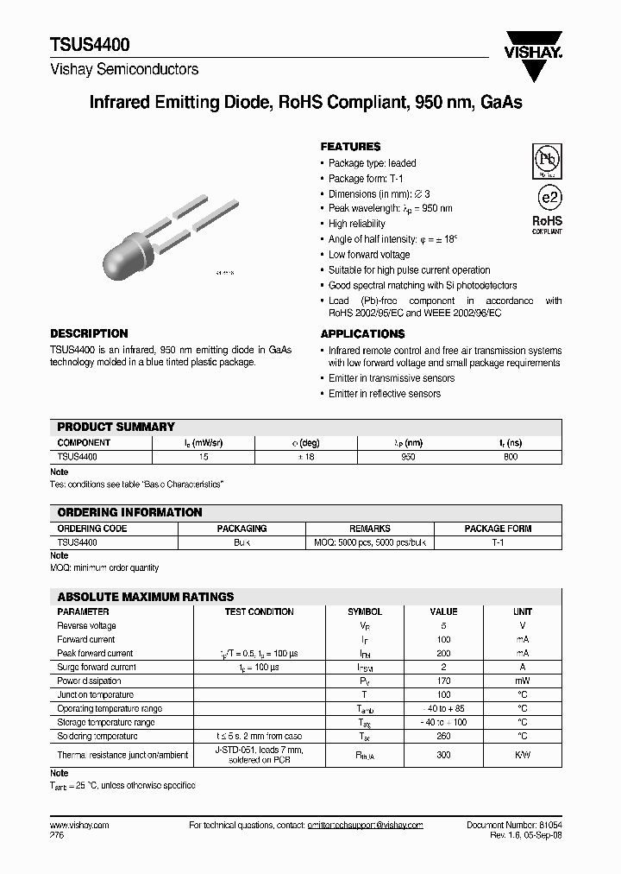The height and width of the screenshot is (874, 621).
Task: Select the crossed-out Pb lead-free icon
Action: (546, 161)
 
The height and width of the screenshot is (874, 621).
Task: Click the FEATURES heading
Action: (350, 147)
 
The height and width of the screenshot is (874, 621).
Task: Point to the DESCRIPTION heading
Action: (89, 333)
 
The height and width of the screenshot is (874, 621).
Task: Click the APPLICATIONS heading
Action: (362, 333)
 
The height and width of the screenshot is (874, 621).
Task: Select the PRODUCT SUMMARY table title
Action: (116, 427)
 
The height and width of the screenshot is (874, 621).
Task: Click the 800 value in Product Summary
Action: (511, 456)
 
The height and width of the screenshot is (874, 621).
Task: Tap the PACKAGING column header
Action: (241, 529)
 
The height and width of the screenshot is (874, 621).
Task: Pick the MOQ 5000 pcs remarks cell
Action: (369, 542)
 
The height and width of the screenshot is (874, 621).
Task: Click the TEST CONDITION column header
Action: (259, 611)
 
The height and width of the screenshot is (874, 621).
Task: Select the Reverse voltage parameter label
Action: (86, 625)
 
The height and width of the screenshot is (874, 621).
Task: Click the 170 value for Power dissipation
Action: (443, 681)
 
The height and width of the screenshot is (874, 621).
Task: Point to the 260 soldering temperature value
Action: (443, 736)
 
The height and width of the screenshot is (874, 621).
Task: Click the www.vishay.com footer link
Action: (79, 826)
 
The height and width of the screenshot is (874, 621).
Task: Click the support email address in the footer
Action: (365, 826)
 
